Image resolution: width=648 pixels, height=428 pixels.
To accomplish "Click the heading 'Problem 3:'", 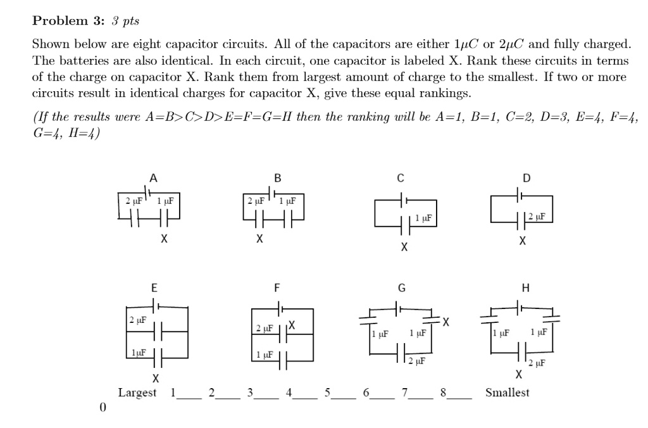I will click(x=68, y=21).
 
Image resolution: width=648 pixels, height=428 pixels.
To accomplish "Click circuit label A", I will click(x=153, y=177).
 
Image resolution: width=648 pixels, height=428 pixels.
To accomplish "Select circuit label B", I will click(x=277, y=177).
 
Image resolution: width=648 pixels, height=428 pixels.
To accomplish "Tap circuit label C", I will click(x=400, y=177).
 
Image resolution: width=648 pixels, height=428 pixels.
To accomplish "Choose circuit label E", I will click(x=153, y=287).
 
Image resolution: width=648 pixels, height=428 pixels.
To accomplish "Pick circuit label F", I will click(x=277, y=287).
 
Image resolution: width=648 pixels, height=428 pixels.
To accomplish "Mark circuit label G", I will click(x=401, y=287).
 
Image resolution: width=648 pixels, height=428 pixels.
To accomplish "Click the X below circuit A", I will click(x=164, y=239).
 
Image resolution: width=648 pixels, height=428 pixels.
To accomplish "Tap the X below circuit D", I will click(x=521, y=241).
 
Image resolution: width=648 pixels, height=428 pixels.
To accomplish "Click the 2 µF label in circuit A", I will click(x=134, y=201).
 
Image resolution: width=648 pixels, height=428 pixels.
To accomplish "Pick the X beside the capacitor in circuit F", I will click(x=291, y=325).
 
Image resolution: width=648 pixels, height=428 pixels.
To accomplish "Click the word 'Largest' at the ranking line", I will click(x=137, y=393).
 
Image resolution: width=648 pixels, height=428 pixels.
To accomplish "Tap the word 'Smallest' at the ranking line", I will click(x=507, y=393).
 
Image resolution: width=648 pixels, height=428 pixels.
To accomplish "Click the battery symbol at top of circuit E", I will click(x=156, y=306).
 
